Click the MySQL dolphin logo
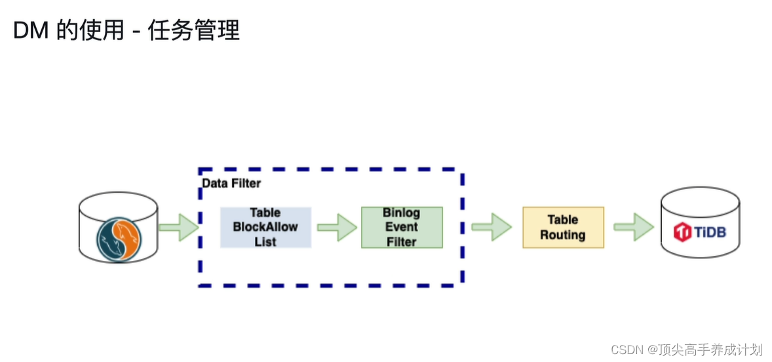click(119, 241)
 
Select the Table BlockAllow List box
click(265, 228)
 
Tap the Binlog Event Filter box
click(402, 228)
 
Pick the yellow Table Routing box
click(563, 228)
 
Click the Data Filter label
click(231, 184)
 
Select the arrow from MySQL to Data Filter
click(178, 227)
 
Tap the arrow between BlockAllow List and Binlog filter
click(336, 228)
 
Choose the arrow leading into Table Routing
click(492, 227)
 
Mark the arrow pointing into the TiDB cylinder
click(633, 227)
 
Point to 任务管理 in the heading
click(194, 30)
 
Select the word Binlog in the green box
click(402, 213)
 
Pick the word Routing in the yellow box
click(563, 235)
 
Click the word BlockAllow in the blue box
click(265, 228)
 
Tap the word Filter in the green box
click(402, 241)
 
